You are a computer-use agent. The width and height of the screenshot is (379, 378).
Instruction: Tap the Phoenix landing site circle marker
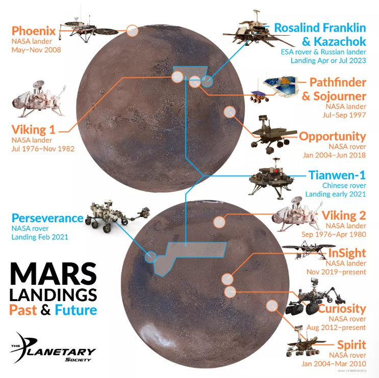click(x=132, y=30)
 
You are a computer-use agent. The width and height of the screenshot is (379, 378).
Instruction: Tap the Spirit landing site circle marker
click(x=272, y=306)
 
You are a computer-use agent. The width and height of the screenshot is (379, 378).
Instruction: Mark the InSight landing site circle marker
click(x=227, y=278)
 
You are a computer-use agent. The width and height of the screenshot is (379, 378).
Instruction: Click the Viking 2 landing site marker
click(x=219, y=222)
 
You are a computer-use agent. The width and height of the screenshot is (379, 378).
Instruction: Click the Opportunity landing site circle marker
click(x=230, y=113)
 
